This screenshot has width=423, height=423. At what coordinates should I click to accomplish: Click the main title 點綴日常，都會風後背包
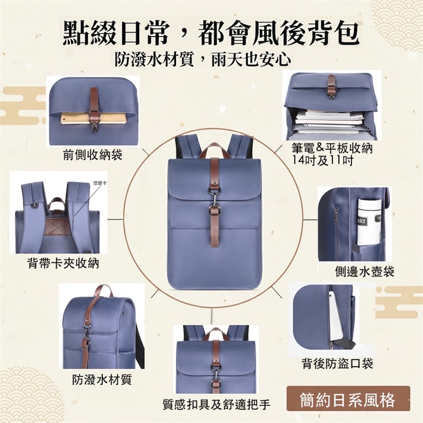(211, 34)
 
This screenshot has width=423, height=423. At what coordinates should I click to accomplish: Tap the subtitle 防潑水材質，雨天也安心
(203, 59)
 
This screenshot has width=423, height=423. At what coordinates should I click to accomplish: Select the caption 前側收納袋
(93, 155)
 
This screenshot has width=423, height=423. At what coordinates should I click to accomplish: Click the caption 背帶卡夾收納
(63, 263)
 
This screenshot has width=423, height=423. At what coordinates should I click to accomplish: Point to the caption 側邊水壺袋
(365, 271)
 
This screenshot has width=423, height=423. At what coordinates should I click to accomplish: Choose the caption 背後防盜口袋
(337, 363)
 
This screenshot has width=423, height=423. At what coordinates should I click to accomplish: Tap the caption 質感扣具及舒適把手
(216, 404)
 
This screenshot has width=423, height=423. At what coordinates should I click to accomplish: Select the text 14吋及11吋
(323, 161)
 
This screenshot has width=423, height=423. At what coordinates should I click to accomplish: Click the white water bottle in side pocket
(370, 221)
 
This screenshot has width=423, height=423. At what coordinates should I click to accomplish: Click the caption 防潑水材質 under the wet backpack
(102, 380)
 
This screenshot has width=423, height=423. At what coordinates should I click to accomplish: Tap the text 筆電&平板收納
(332, 148)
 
